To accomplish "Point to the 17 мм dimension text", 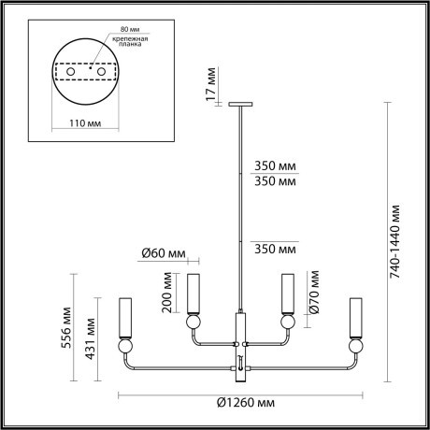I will (x=212, y=83).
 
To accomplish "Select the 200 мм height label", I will (x=165, y=292).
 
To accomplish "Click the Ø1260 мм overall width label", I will (x=244, y=404).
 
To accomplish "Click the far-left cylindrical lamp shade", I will (x=123, y=318).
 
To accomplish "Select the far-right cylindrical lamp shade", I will (x=355, y=318).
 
